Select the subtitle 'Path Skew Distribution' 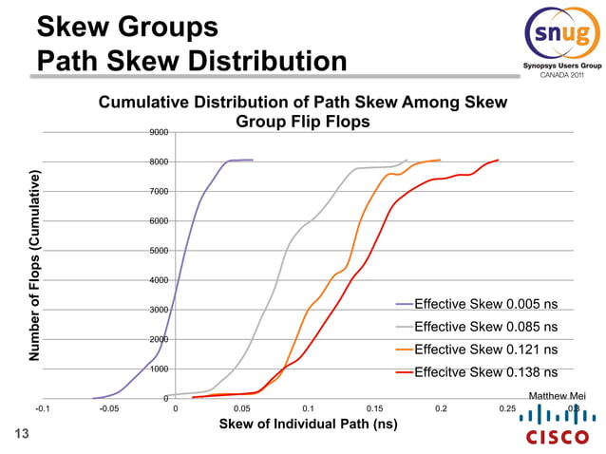pos(192,63)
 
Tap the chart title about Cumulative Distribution pos(303,112)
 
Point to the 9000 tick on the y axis pos(159,133)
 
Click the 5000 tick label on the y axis pos(159,251)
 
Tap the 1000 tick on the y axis pos(159,369)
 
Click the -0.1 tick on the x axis pos(44,408)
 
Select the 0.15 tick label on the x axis pos(374,408)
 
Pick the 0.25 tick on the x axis pos(507,408)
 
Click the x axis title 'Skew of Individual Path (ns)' pos(308,425)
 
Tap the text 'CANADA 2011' pos(562,76)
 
